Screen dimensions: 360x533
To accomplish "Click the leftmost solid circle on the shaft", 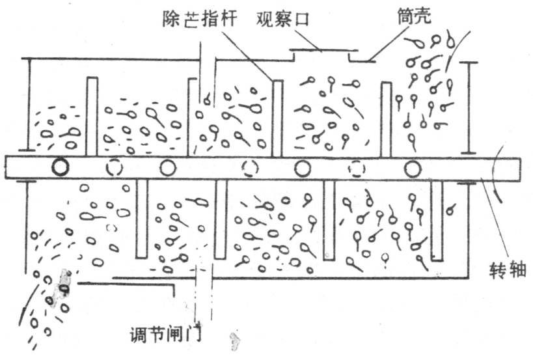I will point(61,168).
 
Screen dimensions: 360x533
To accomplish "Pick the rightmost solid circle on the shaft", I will point(412,169).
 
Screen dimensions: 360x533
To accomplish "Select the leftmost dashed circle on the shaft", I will point(114,168).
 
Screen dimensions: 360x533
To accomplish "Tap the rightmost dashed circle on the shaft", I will point(356,169).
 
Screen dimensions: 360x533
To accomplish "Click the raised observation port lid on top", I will point(323,51).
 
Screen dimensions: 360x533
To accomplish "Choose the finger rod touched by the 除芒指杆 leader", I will point(277,117).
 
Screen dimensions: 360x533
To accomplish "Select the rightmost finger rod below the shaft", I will point(437,221).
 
